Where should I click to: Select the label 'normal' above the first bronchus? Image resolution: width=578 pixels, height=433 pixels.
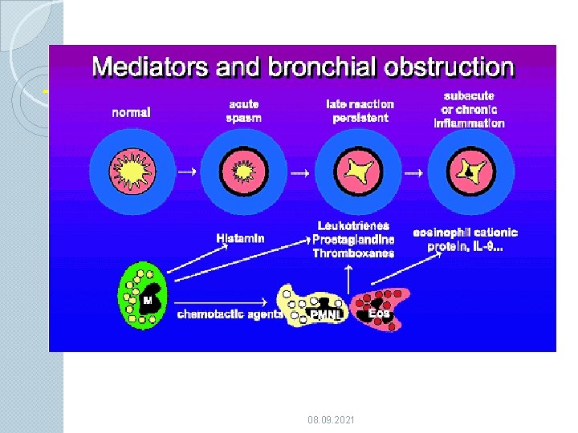coord(131,111)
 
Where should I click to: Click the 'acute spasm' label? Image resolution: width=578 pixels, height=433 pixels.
coord(242,111)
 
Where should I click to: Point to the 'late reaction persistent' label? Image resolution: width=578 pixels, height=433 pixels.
coord(360,111)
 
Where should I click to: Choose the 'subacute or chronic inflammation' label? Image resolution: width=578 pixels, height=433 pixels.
coord(469,110)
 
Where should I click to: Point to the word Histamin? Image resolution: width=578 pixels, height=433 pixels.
coord(240,238)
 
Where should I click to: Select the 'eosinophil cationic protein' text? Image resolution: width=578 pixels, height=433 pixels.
coord(466,240)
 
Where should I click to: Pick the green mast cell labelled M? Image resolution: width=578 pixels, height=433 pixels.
coord(143,297)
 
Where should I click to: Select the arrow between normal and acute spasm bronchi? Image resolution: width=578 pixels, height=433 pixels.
coord(186,171)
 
